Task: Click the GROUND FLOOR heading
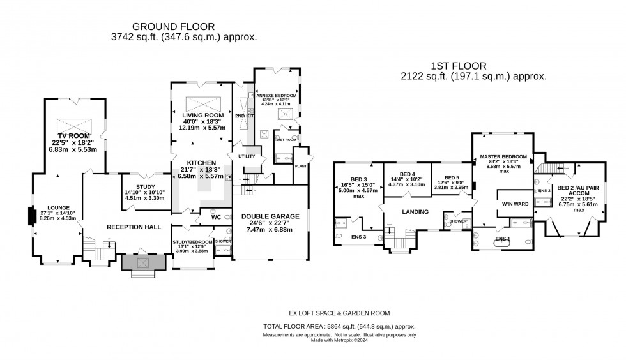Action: click(174, 26)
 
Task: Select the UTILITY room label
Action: click(246, 156)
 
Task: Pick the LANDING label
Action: click(415, 212)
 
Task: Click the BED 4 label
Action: click(406, 174)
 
